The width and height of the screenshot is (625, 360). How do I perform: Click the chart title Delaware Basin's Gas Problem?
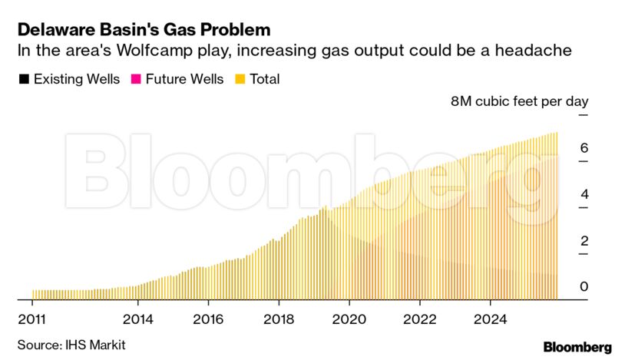click(x=144, y=30)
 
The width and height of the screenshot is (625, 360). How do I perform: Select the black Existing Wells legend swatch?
click(x=23, y=79)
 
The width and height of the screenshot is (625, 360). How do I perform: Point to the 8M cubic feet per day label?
click(x=519, y=101)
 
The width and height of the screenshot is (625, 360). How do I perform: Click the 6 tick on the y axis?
click(x=584, y=147)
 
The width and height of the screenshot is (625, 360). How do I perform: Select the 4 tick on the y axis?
click(x=584, y=194)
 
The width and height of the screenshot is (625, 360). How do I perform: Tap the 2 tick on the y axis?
click(x=584, y=241)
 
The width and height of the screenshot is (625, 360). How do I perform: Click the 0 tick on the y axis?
click(x=584, y=287)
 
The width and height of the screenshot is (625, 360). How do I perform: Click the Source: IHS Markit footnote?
click(x=71, y=345)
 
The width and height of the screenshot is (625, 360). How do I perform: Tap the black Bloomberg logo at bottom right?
click(x=577, y=347)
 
